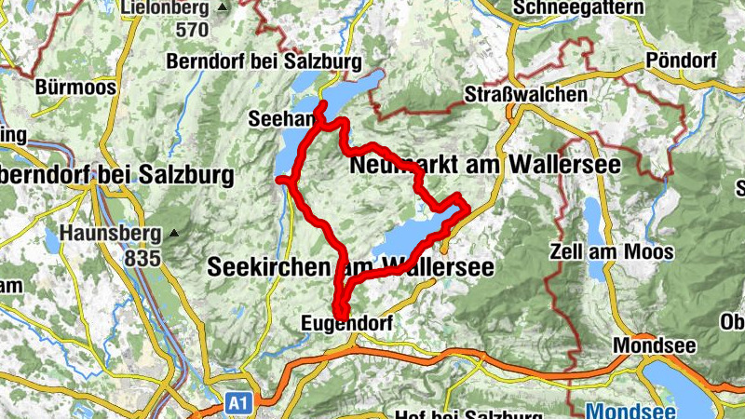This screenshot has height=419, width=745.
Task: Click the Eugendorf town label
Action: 348,323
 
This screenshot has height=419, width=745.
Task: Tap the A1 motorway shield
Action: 238,403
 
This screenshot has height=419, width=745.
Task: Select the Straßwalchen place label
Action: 527,94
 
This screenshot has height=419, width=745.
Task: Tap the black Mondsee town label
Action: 654,345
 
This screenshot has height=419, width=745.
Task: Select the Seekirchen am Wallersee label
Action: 348,266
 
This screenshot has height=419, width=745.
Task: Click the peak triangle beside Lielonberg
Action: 221,7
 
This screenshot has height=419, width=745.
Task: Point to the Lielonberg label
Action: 164,7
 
